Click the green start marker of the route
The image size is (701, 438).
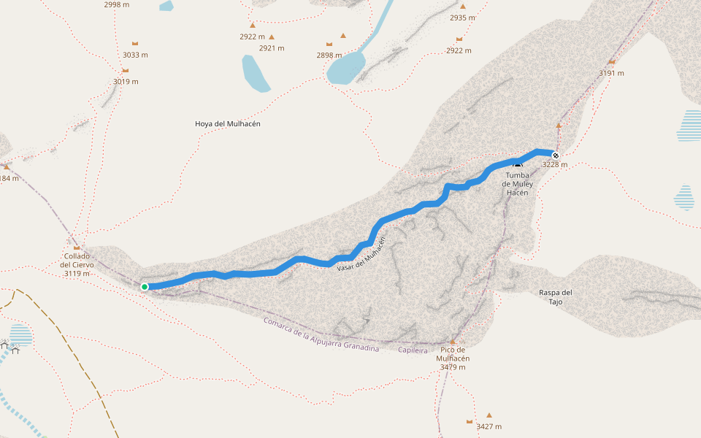tap(145, 287)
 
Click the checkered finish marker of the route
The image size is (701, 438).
tap(556, 155)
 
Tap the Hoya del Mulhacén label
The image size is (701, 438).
tap(228, 124)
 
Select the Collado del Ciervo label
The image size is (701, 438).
tap(77, 265)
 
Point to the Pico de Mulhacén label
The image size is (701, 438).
tap(453, 358)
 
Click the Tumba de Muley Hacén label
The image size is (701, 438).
tap(518, 184)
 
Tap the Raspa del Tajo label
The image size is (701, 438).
tap(556, 296)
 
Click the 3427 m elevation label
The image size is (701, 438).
tap(489, 426)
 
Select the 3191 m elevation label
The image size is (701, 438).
tap(611, 73)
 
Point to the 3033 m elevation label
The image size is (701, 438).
tap(135, 55)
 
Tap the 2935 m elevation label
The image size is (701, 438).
tap(462, 18)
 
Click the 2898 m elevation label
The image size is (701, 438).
tap(329, 55)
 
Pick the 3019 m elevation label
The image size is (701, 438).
tap(126, 82)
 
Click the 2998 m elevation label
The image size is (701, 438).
tap(117, 4)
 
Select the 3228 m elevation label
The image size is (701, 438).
tap(555, 165)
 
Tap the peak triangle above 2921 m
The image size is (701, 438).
tap(272, 37)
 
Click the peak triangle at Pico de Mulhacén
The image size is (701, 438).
tap(453, 342)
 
